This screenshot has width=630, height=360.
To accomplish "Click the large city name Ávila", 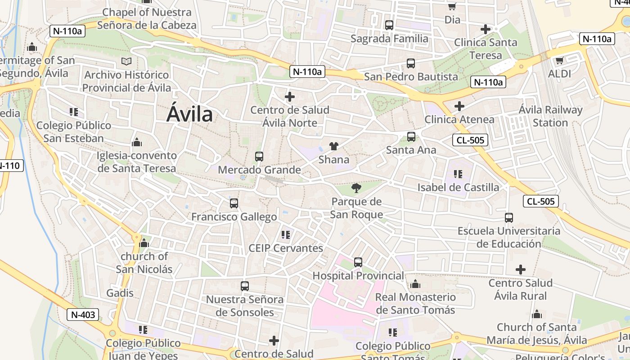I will (x=189, y=113).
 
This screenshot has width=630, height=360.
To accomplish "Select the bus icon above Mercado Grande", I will (x=259, y=157).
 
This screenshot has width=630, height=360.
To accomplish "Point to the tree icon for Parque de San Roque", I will (x=356, y=188).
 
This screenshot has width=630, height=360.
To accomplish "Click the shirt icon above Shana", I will (x=333, y=146).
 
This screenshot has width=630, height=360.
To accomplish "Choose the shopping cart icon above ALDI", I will (x=559, y=60).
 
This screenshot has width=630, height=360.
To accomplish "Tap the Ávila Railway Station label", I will (x=550, y=116).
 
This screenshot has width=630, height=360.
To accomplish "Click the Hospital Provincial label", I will (x=358, y=275).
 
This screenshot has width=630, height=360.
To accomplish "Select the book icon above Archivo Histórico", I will (x=126, y=62).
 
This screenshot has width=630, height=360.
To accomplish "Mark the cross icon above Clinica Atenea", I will (x=459, y=106).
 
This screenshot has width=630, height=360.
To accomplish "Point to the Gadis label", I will (x=120, y=293).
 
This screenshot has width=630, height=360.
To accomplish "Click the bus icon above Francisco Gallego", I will (x=234, y=203).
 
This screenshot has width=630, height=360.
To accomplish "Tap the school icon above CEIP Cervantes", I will (x=285, y=234).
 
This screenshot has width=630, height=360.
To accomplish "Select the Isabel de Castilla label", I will (x=458, y=187).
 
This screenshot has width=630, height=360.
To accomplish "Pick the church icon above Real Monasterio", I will (x=415, y=284).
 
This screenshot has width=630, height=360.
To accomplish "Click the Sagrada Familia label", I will (x=389, y=39).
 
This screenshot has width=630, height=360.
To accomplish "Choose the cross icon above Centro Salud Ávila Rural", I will (x=520, y=270).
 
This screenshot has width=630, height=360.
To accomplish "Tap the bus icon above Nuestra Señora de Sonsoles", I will (x=244, y=286).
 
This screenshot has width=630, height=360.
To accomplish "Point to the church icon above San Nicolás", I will (x=144, y=243).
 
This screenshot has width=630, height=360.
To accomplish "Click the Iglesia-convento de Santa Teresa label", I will (x=137, y=162).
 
